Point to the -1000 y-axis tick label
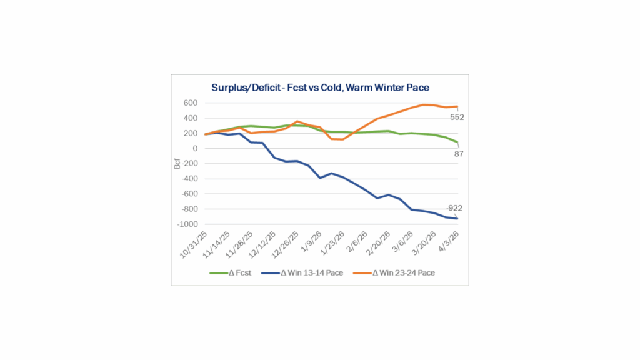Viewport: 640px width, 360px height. pyautogui.click(x=187, y=224)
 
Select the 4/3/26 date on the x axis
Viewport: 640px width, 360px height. pyautogui.click(x=449, y=242)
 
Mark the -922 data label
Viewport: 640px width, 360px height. pyautogui.click(x=453, y=208)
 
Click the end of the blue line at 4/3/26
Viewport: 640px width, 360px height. pyautogui.click(x=458, y=218)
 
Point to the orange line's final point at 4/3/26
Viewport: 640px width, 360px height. pyautogui.click(x=458, y=106)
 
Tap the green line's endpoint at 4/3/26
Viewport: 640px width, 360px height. pyautogui.click(x=458, y=142)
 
